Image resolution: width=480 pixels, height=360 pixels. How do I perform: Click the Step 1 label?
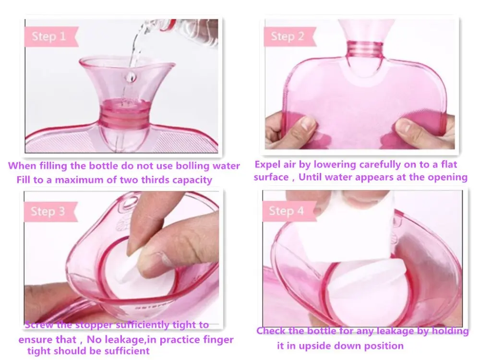coord(48,36)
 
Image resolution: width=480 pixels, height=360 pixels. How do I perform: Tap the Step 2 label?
coord(287,36)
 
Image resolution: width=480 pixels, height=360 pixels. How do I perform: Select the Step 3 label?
coord(48,212)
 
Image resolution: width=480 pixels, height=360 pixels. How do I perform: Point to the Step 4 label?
coord(287,211)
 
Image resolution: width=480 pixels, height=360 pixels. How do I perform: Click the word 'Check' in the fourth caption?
coord(273,331)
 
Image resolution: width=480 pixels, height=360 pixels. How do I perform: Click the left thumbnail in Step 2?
coord(308,123)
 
